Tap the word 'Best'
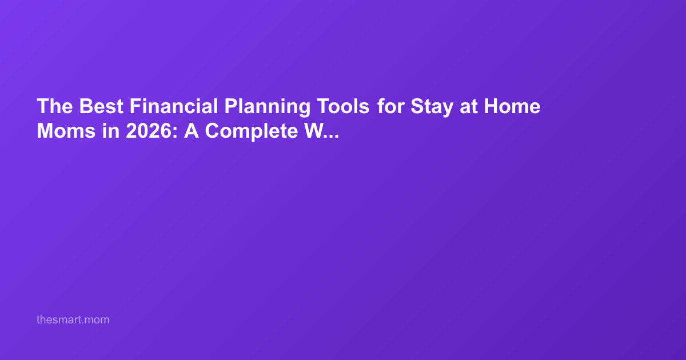coord(101,106)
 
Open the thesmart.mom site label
coord(73,320)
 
